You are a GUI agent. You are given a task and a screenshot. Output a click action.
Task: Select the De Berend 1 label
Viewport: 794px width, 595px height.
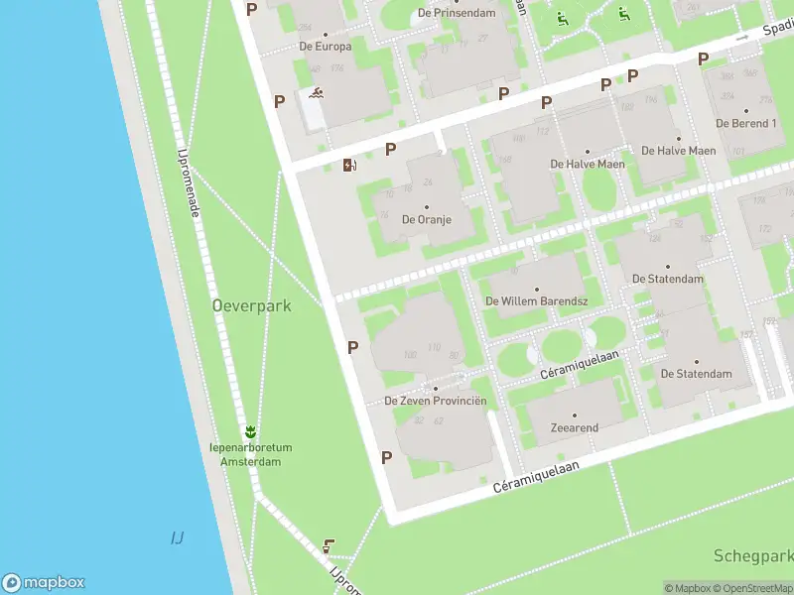[x=745, y=123]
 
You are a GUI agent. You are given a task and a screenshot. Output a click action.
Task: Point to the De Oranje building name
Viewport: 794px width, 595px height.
[x=426, y=218]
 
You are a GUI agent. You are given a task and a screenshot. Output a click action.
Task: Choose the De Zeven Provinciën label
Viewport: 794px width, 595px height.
[x=436, y=401]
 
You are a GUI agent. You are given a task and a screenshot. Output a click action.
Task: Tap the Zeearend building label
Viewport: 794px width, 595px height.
[x=574, y=427]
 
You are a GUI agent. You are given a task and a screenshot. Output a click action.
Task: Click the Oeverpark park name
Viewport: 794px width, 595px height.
[x=252, y=306]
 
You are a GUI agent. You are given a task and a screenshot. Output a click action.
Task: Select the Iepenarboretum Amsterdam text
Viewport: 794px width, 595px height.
[x=250, y=454]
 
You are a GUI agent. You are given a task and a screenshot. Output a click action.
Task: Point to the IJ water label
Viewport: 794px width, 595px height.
[x=177, y=538]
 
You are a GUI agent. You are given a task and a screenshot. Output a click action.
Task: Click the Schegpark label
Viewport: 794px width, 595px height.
[x=752, y=555]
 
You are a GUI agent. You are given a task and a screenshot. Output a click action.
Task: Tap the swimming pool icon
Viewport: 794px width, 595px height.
[x=316, y=95]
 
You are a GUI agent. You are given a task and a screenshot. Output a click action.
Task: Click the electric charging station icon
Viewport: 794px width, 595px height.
[x=348, y=165]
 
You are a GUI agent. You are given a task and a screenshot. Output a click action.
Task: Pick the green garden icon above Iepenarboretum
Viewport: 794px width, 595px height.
[x=250, y=430]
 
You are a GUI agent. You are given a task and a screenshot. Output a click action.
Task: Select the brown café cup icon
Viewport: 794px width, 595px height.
[x=329, y=545]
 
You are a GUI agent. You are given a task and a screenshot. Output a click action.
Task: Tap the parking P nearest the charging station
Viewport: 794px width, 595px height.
[x=391, y=149]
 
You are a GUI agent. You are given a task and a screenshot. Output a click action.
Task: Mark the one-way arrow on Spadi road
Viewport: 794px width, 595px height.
[x=741, y=37]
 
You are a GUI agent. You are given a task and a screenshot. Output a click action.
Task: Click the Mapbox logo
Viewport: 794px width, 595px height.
[x=44, y=583]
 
